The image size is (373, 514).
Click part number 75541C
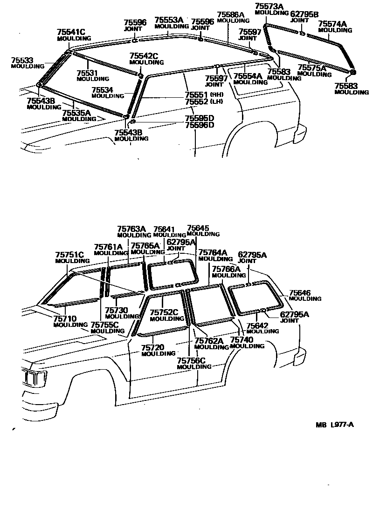[71, 32]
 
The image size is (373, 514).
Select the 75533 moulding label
[22, 60]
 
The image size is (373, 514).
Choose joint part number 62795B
[304, 14]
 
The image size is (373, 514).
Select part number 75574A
[332, 24]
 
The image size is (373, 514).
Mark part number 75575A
[312, 68]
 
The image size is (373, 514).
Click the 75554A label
[248, 76]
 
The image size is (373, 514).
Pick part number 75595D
[199, 118]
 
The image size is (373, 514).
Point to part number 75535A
[76, 113]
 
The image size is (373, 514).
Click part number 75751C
[69, 255]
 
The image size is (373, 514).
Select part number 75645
[198, 228]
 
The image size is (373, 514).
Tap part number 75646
[299, 292]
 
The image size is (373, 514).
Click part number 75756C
[191, 360]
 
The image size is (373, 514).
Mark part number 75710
[64, 318]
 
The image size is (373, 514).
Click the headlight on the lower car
[35, 377]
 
